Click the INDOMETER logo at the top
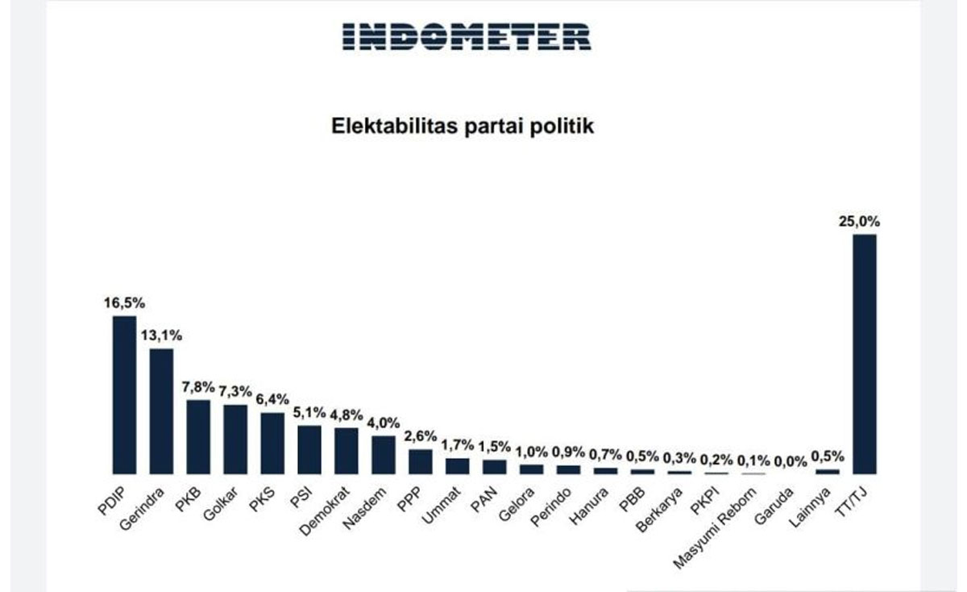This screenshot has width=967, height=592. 467,36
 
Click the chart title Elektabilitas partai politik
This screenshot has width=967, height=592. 463,126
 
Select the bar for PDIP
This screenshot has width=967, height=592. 124,394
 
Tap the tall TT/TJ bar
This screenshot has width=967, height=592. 864,354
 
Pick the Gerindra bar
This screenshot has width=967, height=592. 161,411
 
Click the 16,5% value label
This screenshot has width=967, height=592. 124,303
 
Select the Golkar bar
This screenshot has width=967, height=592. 235,440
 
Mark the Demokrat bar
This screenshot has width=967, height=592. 347,451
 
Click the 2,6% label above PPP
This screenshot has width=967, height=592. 421,436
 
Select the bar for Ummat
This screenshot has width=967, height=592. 458,466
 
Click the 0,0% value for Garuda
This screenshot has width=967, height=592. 791,461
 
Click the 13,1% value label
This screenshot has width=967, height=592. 161,336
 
